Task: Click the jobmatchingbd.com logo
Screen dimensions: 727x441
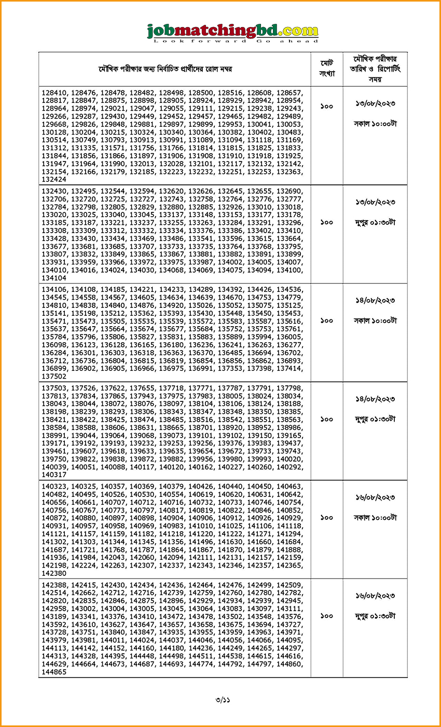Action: coord(233,32)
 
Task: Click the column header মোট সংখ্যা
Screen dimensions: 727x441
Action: coord(327,69)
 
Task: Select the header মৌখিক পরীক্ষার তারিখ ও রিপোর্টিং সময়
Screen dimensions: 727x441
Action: coord(375,69)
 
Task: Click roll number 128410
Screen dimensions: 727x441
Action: coord(54,92)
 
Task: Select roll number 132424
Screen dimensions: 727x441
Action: coord(54,179)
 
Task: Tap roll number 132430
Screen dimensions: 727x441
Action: coord(54,191)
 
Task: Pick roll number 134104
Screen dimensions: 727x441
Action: coord(54,278)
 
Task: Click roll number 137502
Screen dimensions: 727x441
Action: coord(54,376)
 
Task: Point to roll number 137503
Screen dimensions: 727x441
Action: coord(54,388)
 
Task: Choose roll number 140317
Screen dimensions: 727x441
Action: coord(54,475)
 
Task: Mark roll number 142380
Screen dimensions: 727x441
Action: coord(54,573)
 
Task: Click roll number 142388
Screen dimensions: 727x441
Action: coord(54,585)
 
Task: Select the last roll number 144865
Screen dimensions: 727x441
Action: coord(54,671)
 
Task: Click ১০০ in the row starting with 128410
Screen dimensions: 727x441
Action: coord(327,106)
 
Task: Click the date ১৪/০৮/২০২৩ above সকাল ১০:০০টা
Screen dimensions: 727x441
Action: coord(375,301)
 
